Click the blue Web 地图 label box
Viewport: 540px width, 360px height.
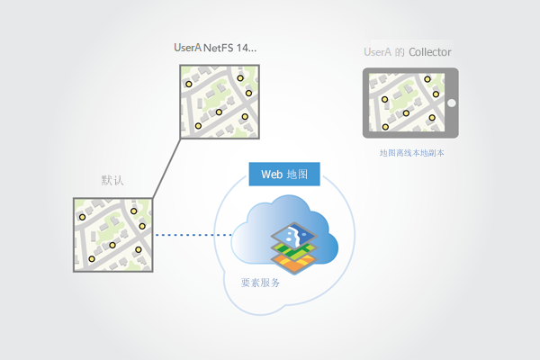click(283, 174)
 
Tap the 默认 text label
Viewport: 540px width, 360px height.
click(112, 181)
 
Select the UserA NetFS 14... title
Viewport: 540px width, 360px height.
click(215, 46)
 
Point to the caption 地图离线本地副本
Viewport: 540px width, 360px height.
click(413, 153)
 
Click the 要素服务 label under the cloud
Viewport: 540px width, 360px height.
click(261, 282)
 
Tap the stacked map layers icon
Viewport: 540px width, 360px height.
click(294, 248)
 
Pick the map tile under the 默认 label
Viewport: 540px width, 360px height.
click(112, 235)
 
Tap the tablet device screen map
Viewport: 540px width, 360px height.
click(405, 103)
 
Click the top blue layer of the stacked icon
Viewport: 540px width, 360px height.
click(295, 237)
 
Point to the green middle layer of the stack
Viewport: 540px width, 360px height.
click(294, 251)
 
